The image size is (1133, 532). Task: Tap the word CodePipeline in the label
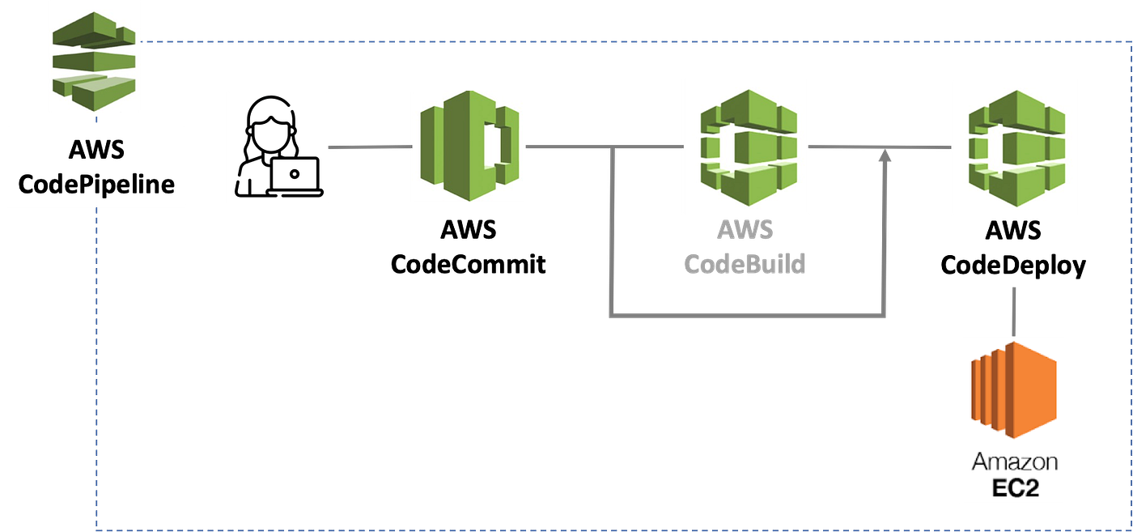pos(96,185)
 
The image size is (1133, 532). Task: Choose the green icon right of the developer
pos(469,147)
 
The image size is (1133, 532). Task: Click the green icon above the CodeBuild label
pos(745,147)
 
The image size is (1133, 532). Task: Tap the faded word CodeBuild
pos(745,264)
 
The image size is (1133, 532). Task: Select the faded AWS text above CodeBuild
pos(745,230)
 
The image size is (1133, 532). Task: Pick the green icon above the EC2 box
pos(1013,147)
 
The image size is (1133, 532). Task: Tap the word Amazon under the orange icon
pos(1015,462)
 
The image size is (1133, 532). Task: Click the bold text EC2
pos(1015,488)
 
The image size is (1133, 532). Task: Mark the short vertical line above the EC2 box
pos(1014,309)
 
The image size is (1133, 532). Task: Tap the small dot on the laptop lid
pos(295,171)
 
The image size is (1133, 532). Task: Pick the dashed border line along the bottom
pos(566,528)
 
